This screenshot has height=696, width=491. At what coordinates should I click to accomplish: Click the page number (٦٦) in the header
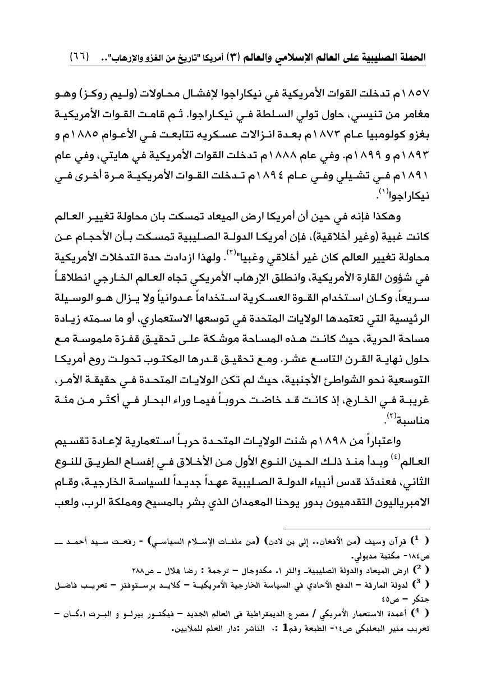click(x=79, y=57)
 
